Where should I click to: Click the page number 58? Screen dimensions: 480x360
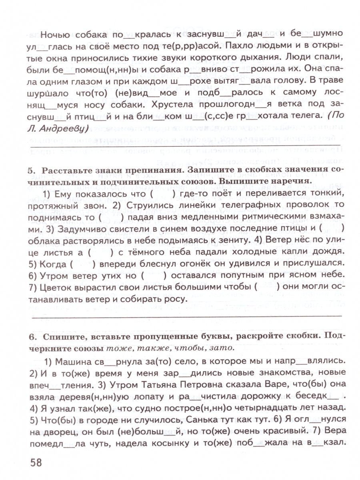[36, 462]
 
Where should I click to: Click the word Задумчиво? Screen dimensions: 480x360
[82, 228]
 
